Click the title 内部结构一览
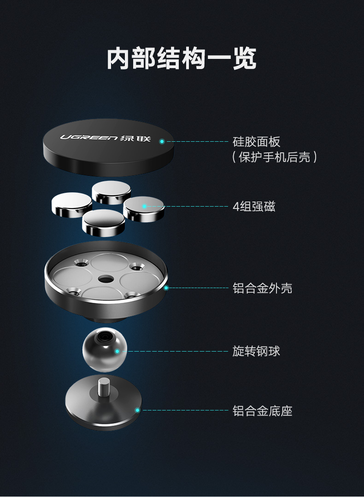[182, 58]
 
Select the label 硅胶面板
[257, 141]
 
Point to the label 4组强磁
[254, 206]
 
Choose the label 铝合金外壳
[263, 289]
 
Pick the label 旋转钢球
[256, 352]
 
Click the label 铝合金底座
[263, 410]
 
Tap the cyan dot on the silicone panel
[162, 141]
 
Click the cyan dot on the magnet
[144, 206]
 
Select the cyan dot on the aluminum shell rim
[166, 288]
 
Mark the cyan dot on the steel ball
[117, 352]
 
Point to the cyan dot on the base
[137, 410]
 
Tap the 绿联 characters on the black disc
[135, 138]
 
